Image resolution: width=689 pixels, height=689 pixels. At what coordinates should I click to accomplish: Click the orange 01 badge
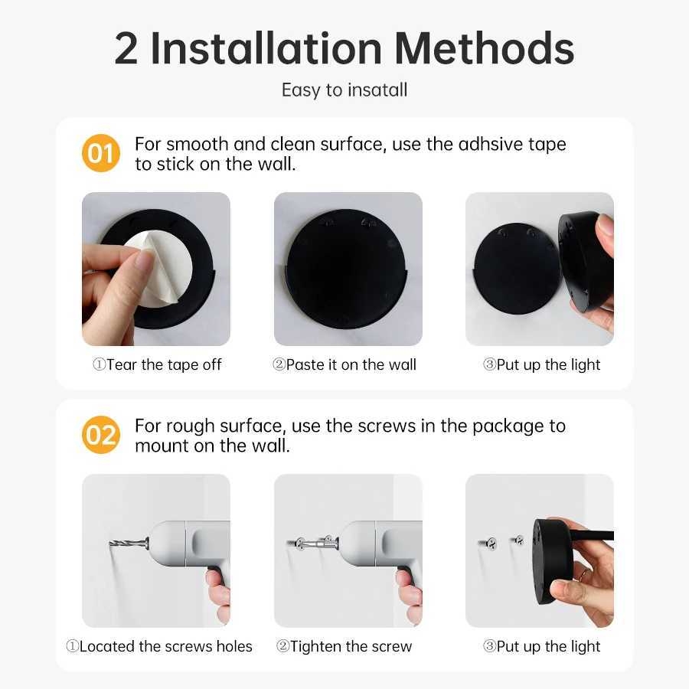(x=101, y=153)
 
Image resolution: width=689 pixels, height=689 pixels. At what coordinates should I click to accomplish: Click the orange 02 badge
(x=101, y=435)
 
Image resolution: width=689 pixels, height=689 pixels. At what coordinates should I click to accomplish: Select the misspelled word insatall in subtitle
(x=377, y=90)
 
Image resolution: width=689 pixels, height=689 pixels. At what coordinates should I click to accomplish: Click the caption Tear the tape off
(x=157, y=365)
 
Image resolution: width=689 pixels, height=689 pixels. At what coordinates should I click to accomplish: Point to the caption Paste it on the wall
(x=344, y=365)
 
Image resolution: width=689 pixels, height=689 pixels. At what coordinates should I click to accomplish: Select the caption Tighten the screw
(x=344, y=647)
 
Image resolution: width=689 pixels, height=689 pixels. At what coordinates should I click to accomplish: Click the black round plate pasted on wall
(x=348, y=268)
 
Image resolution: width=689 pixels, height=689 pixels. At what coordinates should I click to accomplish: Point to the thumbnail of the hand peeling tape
(x=156, y=269)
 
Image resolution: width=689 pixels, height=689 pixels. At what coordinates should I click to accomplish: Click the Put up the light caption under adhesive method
(x=541, y=365)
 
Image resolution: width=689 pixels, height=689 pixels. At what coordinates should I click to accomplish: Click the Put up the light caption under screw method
(x=541, y=647)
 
